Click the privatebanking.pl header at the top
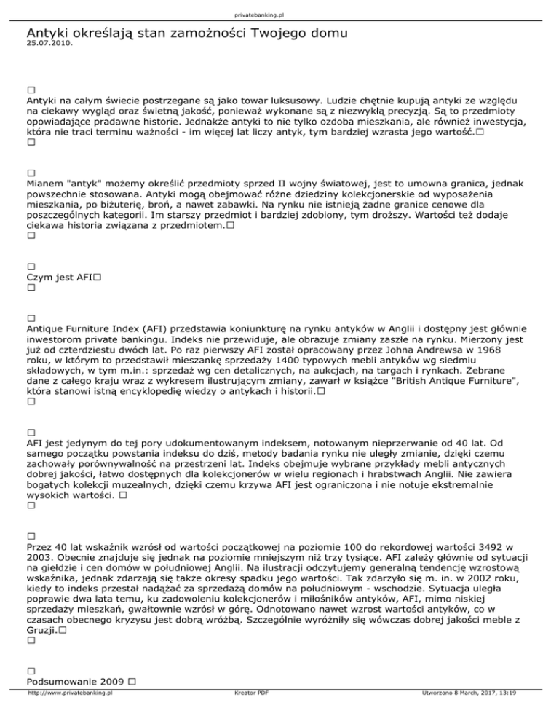pos(279,15)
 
